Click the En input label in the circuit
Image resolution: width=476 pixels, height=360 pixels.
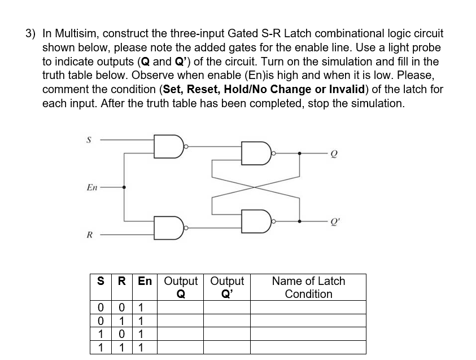[91, 187]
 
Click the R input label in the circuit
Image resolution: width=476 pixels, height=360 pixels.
[89, 234]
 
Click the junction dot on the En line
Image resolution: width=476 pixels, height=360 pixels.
[124, 187]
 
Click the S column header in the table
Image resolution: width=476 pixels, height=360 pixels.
[100, 281]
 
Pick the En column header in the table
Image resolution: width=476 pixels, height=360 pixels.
[145, 281]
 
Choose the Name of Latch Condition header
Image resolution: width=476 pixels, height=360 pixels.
[308, 287]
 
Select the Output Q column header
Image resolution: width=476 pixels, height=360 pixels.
[181, 287]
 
